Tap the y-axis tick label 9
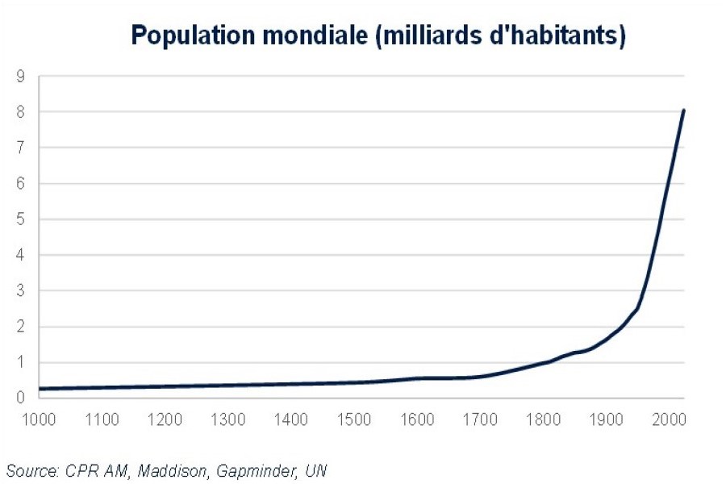click(22, 76)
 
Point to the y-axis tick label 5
click(22, 219)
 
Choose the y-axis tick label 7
click(22, 148)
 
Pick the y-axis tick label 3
click(22, 291)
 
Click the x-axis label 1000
click(39, 419)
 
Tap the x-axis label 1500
click(353, 419)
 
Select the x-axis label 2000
click(668, 419)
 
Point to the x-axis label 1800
click(542, 419)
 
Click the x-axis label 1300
click(227, 419)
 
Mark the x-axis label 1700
click(479, 419)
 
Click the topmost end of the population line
click(683, 110)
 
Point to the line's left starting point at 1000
click(40, 389)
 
